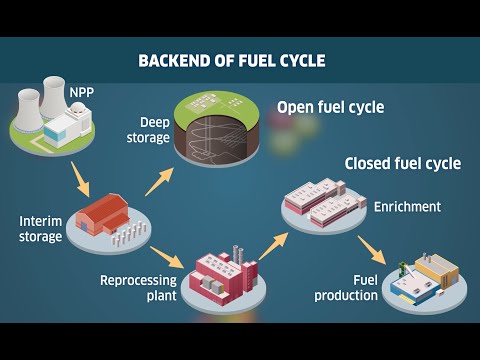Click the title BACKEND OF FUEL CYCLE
pyautogui.click(x=231, y=62)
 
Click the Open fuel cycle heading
pyautogui.click(x=330, y=108)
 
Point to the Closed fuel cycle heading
pyautogui.click(x=402, y=163)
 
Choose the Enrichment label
pyautogui.click(x=406, y=207)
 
